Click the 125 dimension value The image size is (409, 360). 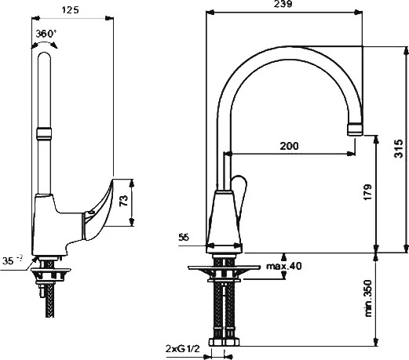coord(70,10)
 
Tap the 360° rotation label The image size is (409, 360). coord(46,34)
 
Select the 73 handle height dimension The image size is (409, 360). coord(124,201)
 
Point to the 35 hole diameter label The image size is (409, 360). coord(13,260)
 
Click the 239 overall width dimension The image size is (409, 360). coord(283,4)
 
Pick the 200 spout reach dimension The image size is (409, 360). coord(289,146)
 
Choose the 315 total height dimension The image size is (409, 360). coord(399,148)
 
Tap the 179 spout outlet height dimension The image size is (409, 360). coord(368,192)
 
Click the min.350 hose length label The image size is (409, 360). coord(368,298)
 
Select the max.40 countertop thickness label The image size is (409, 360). coord(284,266)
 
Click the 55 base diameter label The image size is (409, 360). coord(184,238)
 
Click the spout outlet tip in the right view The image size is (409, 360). coord(355,130)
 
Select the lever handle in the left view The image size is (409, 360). coord(97,210)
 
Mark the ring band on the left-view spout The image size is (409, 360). coord(44,133)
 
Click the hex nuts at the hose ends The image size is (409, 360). coord(224,342)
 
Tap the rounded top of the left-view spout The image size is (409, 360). coord(44,56)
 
